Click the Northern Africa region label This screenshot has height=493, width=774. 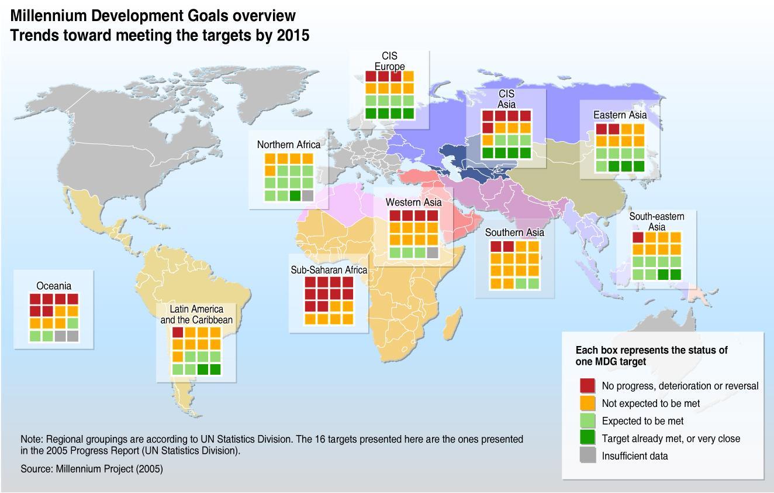(x=289, y=145)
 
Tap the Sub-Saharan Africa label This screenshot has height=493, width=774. (x=329, y=270)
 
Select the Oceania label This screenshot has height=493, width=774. (x=54, y=286)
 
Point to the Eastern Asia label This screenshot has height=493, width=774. (x=620, y=115)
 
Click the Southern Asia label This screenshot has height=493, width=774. (x=514, y=232)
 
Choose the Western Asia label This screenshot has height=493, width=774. (x=414, y=202)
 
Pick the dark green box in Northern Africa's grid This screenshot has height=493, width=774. (x=295, y=196)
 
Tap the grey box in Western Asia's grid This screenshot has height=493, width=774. (x=432, y=253)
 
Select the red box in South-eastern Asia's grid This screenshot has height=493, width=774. (x=638, y=237)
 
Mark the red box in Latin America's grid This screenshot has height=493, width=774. (x=178, y=333)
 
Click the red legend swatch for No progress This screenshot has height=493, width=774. (x=588, y=386)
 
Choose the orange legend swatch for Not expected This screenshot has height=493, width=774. (x=588, y=403)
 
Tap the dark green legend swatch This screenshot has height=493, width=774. (x=588, y=439)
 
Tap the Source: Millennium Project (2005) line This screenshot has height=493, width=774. (x=92, y=469)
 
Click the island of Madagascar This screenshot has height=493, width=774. (x=451, y=321)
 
